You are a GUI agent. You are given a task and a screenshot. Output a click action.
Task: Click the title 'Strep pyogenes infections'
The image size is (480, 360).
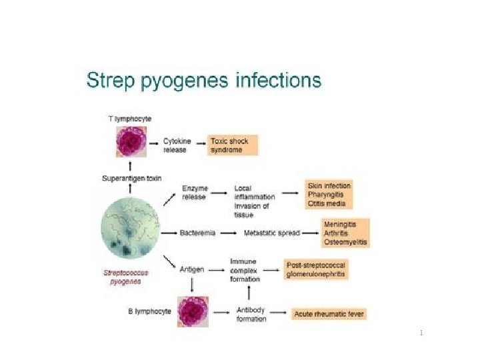204,82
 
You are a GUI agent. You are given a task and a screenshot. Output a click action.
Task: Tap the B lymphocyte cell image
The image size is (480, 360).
193,311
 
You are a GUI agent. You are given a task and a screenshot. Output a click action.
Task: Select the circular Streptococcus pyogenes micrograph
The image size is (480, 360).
131,231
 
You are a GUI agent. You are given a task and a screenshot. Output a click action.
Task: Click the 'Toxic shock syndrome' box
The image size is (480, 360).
233,145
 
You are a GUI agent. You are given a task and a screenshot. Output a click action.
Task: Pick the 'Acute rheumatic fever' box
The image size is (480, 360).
329,313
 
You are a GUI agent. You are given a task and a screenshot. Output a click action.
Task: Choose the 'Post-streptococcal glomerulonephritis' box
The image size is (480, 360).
315,269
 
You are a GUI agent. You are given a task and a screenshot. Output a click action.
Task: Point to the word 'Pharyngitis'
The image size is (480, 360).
326,194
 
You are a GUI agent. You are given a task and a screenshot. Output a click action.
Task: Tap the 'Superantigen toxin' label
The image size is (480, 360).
131,178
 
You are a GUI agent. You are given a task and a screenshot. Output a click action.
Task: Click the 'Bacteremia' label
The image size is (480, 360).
196,233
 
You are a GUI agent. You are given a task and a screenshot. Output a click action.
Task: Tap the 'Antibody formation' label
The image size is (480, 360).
251,314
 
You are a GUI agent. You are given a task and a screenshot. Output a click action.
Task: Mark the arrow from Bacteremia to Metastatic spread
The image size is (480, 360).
228,233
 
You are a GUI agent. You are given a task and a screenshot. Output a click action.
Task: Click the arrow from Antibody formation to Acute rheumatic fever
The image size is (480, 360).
281,313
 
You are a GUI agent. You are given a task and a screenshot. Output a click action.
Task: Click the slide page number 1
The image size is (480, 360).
422,332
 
